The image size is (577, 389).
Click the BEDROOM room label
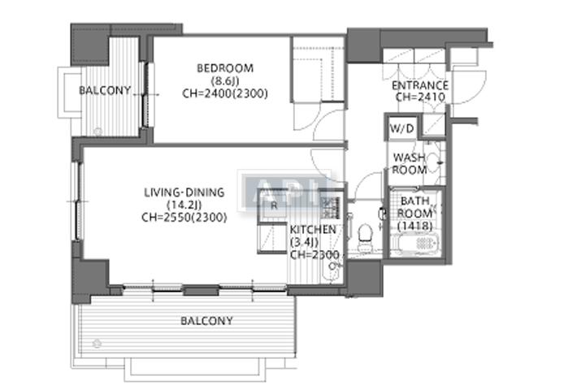coord(224,68)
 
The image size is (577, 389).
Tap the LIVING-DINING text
coord(184,192)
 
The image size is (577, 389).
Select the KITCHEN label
coord(313,231)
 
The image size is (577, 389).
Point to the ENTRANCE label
coord(419,85)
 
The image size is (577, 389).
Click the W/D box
coord(401,129)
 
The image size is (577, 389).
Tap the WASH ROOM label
coord(410,164)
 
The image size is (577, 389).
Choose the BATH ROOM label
coord(414,207)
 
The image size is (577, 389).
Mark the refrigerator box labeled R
coord(274,205)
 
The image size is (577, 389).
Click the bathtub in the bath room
coord(416,244)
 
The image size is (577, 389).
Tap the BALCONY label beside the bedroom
coord(105,90)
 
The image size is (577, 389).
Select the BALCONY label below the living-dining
coord(206,321)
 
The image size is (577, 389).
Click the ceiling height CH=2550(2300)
coord(184,217)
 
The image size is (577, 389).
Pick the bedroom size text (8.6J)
coord(224,81)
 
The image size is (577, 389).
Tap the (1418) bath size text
coord(414,225)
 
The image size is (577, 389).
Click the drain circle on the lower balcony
coord(99,343)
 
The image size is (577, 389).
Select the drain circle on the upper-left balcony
coord(98,131)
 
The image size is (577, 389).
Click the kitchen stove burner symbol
coord(329,202)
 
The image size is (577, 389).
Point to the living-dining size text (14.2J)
coord(184,205)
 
